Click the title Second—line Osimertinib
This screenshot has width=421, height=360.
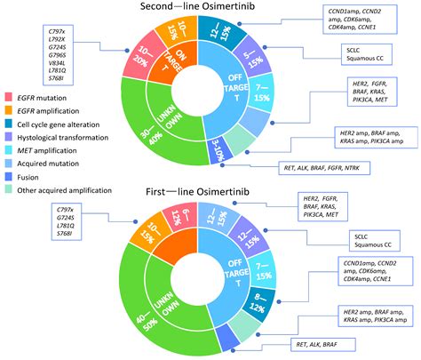(x=210, y=9)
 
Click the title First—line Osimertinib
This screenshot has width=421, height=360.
(x=210, y=192)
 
